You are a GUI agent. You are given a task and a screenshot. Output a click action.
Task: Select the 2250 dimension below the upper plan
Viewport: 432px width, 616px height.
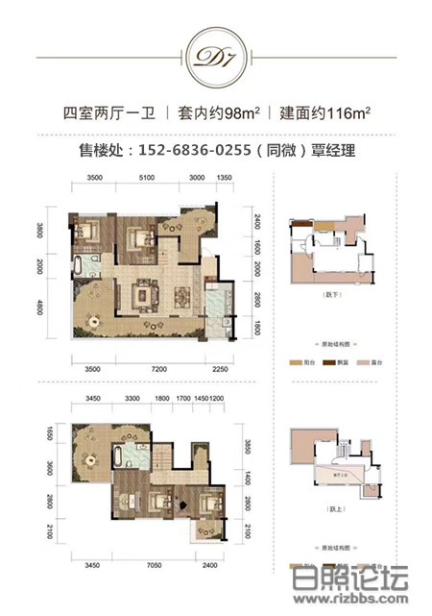[x=221, y=368]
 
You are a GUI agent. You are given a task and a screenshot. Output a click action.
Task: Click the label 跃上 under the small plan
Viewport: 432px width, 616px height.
[x=333, y=514]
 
